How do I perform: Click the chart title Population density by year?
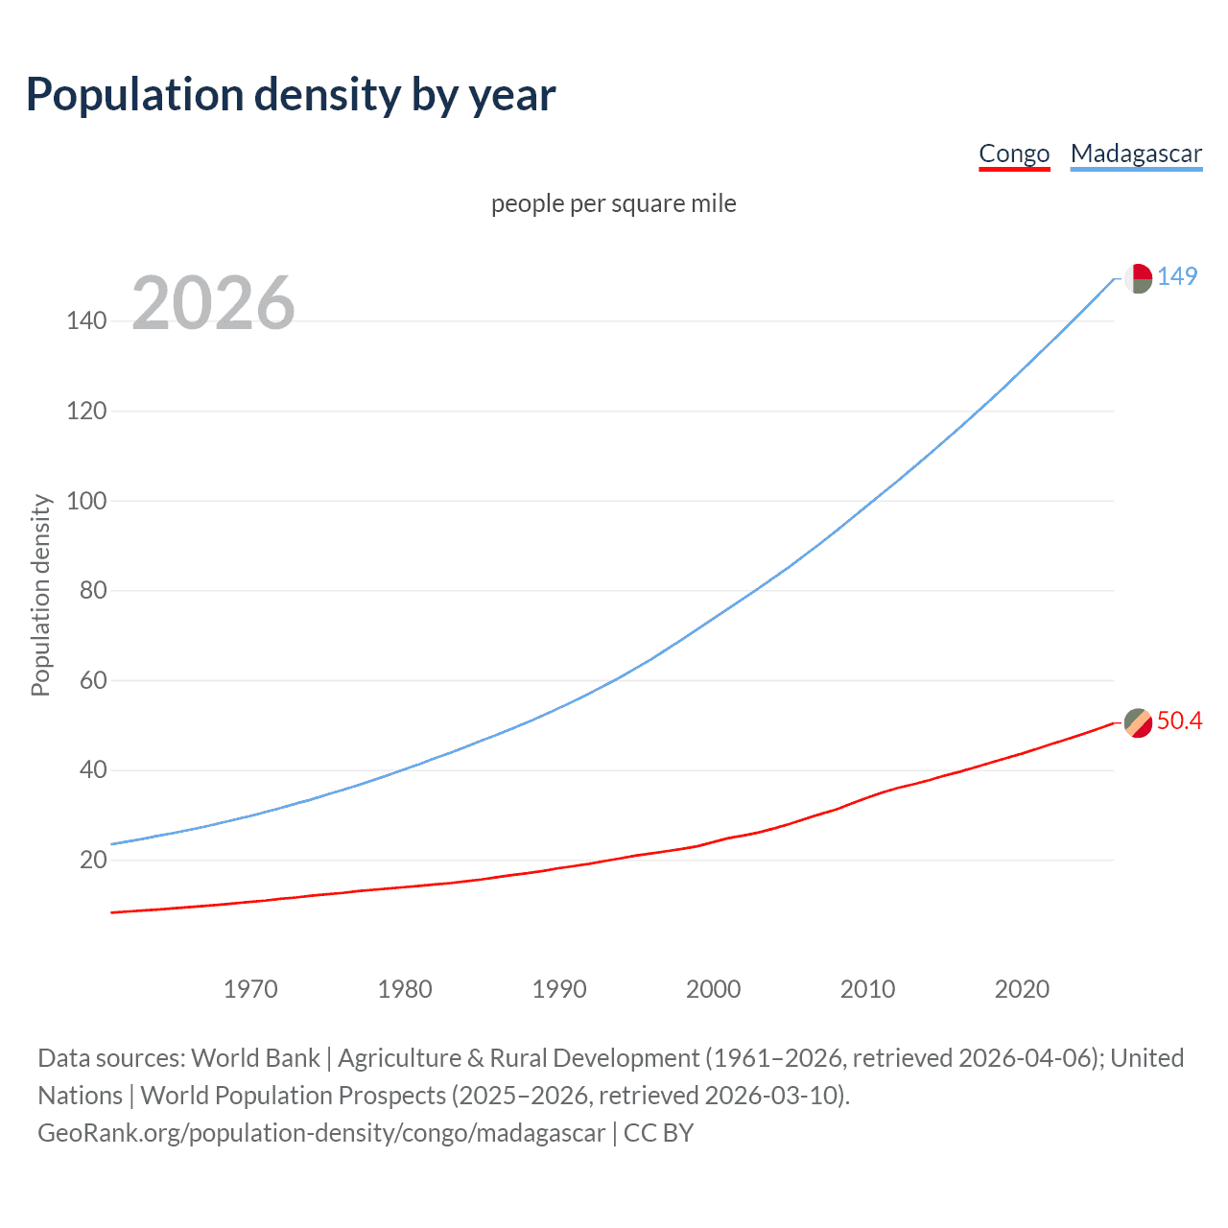click(291, 95)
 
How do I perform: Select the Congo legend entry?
click(1014, 153)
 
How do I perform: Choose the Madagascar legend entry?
click(1136, 153)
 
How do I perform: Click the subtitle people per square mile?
click(613, 203)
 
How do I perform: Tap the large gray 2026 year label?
click(213, 303)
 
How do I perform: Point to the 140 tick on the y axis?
click(86, 320)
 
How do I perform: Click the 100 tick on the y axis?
click(86, 501)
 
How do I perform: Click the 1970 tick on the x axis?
click(250, 989)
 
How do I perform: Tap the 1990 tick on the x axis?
click(559, 989)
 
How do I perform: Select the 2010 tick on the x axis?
click(867, 989)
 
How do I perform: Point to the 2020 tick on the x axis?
click(1022, 989)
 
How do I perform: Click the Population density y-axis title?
click(40, 595)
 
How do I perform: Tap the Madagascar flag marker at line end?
click(1138, 278)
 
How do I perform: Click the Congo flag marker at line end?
click(1138, 722)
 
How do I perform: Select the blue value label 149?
click(1177, 276)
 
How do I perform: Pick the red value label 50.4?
click(1179, 720)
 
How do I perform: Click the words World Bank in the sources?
click(255, 1057)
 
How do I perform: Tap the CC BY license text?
click(658, 1132)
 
